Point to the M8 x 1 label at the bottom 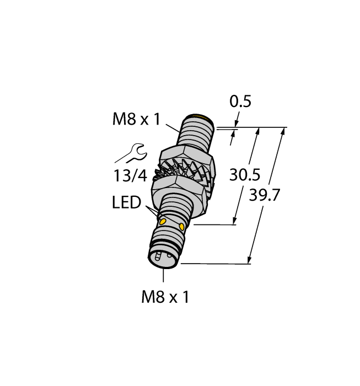165,298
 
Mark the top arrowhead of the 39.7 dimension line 283,131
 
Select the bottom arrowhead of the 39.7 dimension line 251,260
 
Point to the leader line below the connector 164,278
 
